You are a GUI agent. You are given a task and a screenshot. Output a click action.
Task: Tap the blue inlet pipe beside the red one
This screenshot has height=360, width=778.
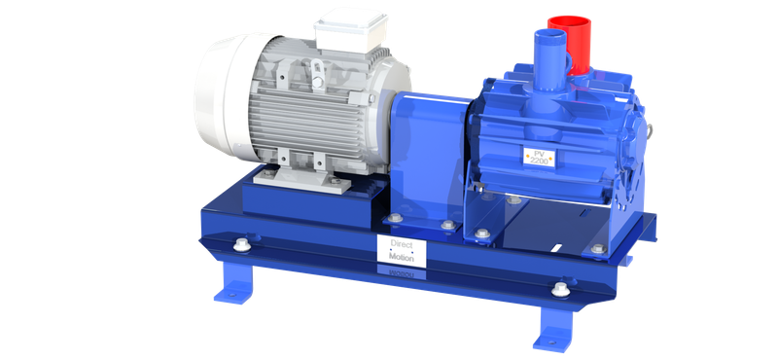pos(547,58)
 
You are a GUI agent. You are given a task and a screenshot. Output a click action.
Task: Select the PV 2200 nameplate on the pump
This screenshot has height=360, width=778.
pos(540,157)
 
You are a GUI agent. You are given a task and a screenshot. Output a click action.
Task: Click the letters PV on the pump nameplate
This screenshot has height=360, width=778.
pos(538,152)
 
